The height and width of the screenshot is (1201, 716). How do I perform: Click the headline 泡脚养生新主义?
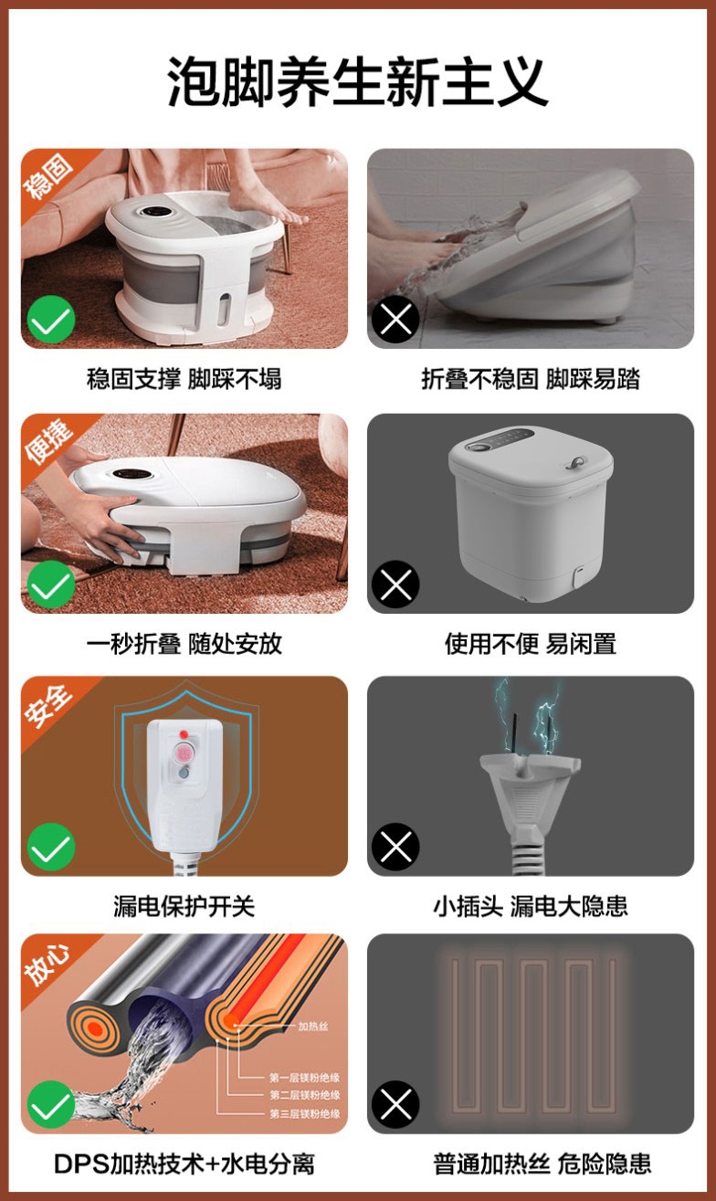coord(358,81)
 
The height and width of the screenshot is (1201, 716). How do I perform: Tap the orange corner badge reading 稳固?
coord(48,176)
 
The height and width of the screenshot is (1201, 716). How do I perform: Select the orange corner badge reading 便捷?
coord(48,441)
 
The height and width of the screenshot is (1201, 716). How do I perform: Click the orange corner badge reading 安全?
coord(48,703)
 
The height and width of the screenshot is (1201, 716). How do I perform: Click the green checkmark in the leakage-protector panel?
coord(51,848)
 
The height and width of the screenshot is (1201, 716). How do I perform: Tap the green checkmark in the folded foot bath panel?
coord(51,584)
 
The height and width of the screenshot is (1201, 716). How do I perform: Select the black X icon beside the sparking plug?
coord(395,847)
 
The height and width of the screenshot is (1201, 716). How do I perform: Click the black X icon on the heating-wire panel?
coord(395,1104)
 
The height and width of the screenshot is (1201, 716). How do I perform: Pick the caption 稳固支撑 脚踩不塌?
coord(184,379)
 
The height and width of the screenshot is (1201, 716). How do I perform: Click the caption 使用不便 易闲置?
coord(531,643)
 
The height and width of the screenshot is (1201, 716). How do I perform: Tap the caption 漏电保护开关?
coord(184,906)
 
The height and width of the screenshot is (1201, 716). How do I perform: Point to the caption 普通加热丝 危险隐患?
coord(542,1164)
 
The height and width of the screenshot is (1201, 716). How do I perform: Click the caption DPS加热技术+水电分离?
coord(184,1164)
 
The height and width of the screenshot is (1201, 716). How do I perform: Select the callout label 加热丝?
coord(313,1027)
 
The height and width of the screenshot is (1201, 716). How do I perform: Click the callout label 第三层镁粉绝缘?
coord(305,1113)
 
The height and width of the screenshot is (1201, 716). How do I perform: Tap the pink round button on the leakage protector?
coord(184,753)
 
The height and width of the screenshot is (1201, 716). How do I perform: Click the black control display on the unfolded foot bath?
coord(155,212)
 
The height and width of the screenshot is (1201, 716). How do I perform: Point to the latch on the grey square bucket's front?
coord(578,575)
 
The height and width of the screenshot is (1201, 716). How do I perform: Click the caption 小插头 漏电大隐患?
coord(531,906)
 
